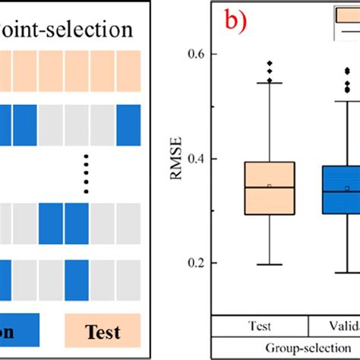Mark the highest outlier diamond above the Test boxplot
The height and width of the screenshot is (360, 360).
[x=270, y=64]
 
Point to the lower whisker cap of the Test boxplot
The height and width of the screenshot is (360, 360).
[x=270, y=264]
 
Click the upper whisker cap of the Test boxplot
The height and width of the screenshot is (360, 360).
[x=270, y=82]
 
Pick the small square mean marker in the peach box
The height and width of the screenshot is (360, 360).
[x=270, y=185]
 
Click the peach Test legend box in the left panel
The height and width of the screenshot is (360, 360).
[x=103, y=331]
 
